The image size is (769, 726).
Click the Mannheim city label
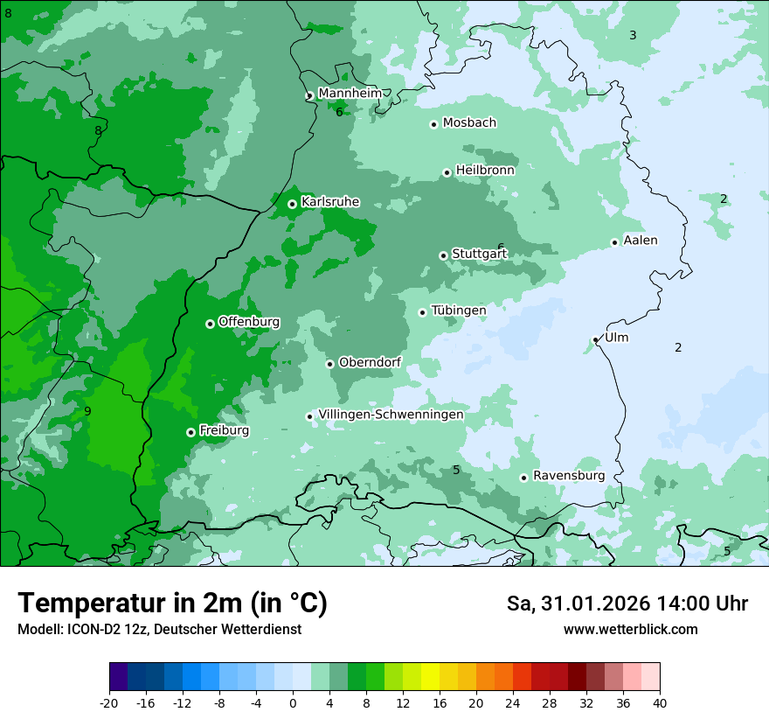350,93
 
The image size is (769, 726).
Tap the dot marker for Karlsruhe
292,204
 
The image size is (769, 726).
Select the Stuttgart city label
479,255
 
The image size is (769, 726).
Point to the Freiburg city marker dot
191,432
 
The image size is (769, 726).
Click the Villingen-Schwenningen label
391,415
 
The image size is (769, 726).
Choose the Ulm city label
616,338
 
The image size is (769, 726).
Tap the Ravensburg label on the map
568,476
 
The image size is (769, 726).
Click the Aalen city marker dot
614,242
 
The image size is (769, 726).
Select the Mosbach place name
469,122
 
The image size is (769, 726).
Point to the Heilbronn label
485,170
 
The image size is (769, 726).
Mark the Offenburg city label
249,322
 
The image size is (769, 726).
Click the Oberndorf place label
370,362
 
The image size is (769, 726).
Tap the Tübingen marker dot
422,312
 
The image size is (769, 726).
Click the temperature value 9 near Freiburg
87,411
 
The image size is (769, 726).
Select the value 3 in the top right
633,35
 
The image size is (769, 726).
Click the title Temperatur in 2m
172,604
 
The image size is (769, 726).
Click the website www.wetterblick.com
630,630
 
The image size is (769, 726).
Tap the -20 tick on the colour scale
109,702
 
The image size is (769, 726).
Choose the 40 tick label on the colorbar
660,702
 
